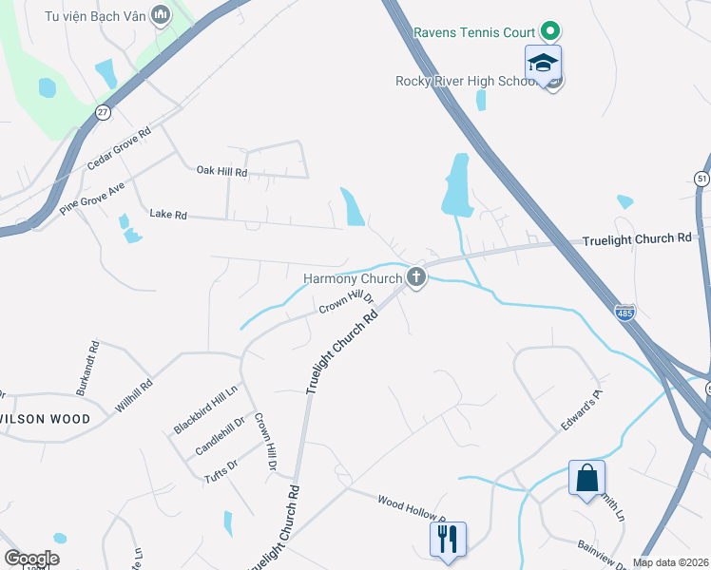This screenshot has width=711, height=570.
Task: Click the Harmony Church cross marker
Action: pyautogui.click(x=415, y=277)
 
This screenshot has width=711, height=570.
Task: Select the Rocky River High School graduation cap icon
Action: pyautogui.click(x=543, y=65)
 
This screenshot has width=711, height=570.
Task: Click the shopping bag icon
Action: pyautogui.click(x=586, y=478)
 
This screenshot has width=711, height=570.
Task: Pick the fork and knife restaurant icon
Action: pyautogui.click(x=446, y=539)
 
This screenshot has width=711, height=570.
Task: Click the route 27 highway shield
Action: pyautogui.click(x=103, y=112)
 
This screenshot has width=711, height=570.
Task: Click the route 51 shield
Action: pyautogui.click(x=701, y=179)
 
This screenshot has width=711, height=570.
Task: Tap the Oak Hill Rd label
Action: pyautogui.click(x=221, y=172)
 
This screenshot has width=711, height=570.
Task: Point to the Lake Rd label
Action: pyautogui.click(x=168, y=215)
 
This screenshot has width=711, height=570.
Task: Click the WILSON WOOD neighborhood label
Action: pyautogui.click(x=45, y=419)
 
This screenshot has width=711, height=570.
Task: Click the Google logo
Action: pyautogui.click(x=31, y=559)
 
